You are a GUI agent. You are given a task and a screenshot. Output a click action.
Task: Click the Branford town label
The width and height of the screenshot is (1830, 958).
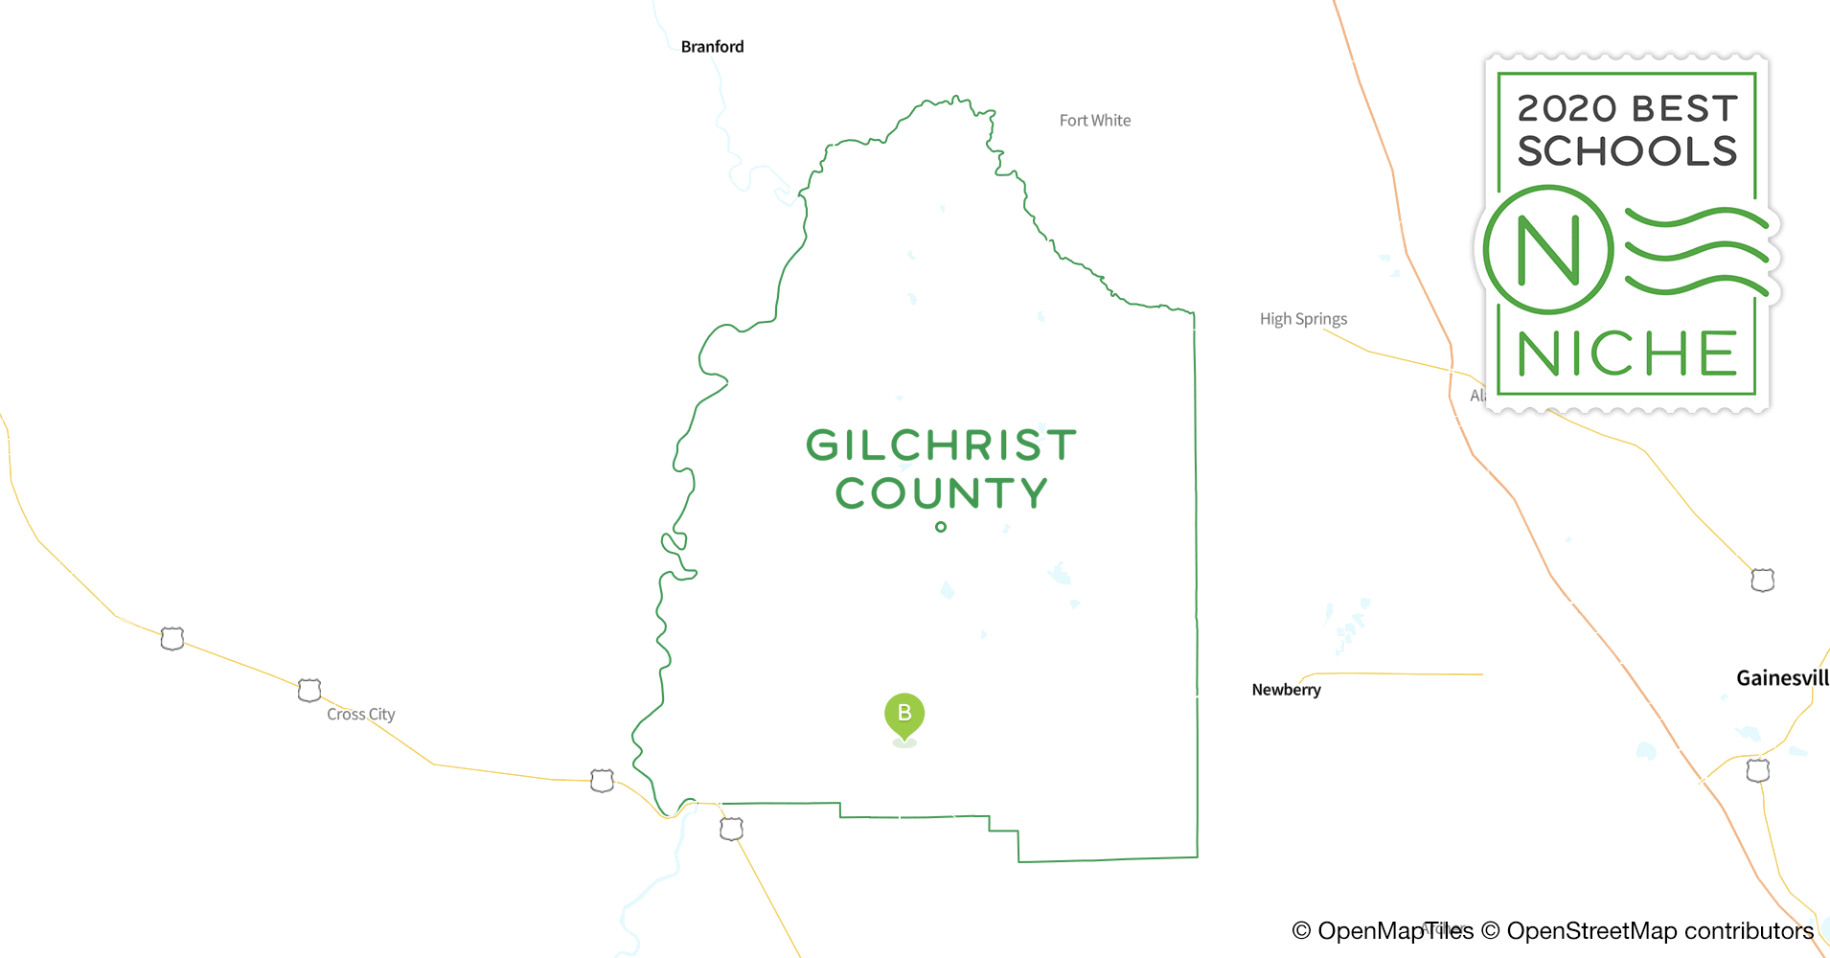click(x=712, y=47)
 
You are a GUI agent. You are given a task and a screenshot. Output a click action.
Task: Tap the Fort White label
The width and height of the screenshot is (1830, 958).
click(x=1094, y=121)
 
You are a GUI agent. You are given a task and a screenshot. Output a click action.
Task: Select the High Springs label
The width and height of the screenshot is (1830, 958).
click(x=1303, y=319)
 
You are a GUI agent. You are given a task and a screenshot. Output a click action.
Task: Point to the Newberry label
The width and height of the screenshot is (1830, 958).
click(x=1286, y=690)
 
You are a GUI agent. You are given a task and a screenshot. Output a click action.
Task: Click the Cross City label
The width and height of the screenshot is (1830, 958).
click(x=360, y=715)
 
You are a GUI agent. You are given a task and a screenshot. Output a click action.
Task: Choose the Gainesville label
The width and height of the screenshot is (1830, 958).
click(x=1782, y=678)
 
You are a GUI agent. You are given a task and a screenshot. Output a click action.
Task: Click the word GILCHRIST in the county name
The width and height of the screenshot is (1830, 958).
click(x=941, y=445)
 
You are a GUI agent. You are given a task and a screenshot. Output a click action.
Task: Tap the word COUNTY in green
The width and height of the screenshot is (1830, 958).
click(x=941, y=493)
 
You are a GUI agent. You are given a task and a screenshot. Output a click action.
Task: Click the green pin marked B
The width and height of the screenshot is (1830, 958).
click(x=904, y=715)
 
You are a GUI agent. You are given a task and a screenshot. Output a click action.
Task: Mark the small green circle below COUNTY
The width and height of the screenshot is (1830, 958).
click(x=941, y=527)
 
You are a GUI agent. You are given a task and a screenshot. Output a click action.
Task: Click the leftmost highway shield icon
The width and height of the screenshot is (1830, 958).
click(x=172, y=638)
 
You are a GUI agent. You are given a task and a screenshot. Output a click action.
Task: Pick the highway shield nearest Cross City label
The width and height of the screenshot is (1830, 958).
click(x=309, y=690)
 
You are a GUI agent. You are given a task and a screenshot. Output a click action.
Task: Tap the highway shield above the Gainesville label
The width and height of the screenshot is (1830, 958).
click(x=1763, y=580)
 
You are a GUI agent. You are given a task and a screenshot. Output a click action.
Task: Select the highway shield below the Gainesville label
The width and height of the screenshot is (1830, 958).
click(x=1758, y=770)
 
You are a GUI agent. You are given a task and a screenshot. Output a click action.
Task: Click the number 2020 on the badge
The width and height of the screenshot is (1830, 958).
click(x=1567, y=109)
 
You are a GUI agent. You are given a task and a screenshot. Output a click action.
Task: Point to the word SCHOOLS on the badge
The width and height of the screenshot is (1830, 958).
click(x=1627, y=151)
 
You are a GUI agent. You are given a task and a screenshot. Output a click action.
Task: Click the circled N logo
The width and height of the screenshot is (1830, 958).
click(x=1547, y=250)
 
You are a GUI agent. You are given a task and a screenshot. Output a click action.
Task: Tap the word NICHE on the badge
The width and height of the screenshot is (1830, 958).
click(x=1627, y=354)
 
